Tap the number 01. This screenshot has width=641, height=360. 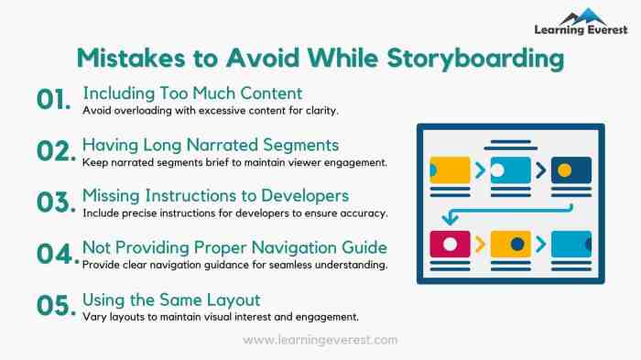54,101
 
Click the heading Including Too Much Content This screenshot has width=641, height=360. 192,93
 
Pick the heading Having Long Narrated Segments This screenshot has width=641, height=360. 211,145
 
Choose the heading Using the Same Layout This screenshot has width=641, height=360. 171,300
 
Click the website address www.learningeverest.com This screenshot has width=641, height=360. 320,340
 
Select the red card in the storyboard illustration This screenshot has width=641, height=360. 449,244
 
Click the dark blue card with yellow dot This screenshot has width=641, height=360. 570,169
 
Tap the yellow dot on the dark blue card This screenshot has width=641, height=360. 565,169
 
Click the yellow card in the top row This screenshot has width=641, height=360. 449,169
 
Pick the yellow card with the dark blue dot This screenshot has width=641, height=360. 510,244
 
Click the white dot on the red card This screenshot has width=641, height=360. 450,244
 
